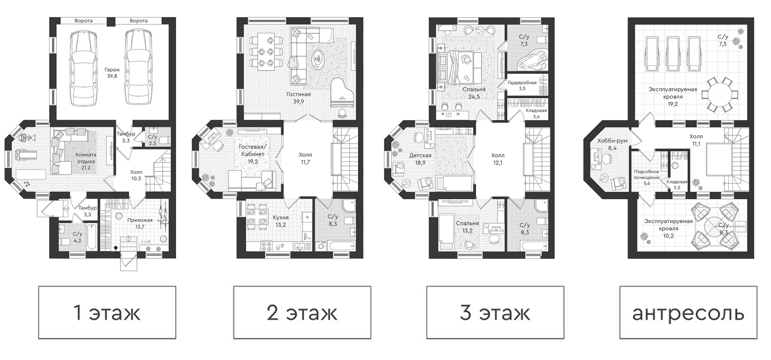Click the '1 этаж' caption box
coord(107,312)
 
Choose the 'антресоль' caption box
coord(688,312)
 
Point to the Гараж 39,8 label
coord(112,73)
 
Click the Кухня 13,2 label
coord(280,221)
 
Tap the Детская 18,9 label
coord(420,159)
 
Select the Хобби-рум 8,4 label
coord(612,144)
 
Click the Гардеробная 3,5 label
coord(522,85)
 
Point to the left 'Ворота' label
coord(84,21)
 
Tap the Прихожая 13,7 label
coord(140,224)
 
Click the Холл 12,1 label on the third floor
coord(498,159)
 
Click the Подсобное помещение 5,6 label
coord(647,177)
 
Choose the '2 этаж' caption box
coord(302,312)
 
